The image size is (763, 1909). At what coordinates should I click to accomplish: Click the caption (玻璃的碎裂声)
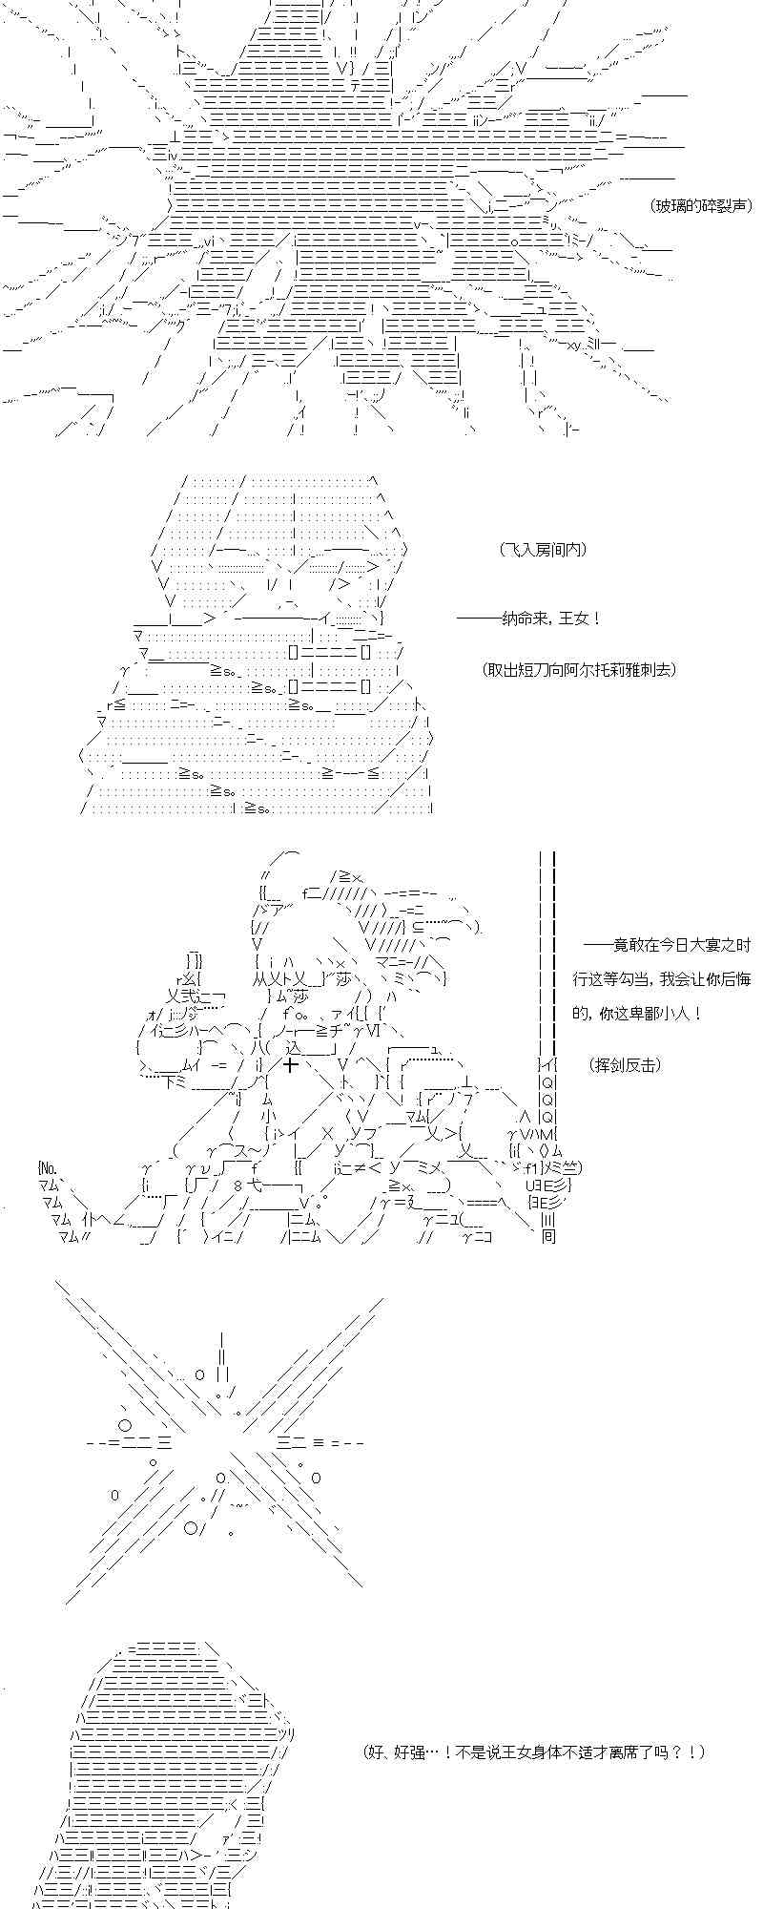(701, 205)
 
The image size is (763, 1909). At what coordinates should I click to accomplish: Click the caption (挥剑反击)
(625, 1065)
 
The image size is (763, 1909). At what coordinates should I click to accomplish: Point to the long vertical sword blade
(547, 954)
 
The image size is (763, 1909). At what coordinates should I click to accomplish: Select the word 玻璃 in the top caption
(671, 205)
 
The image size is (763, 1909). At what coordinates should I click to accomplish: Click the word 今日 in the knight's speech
(664, 945)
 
